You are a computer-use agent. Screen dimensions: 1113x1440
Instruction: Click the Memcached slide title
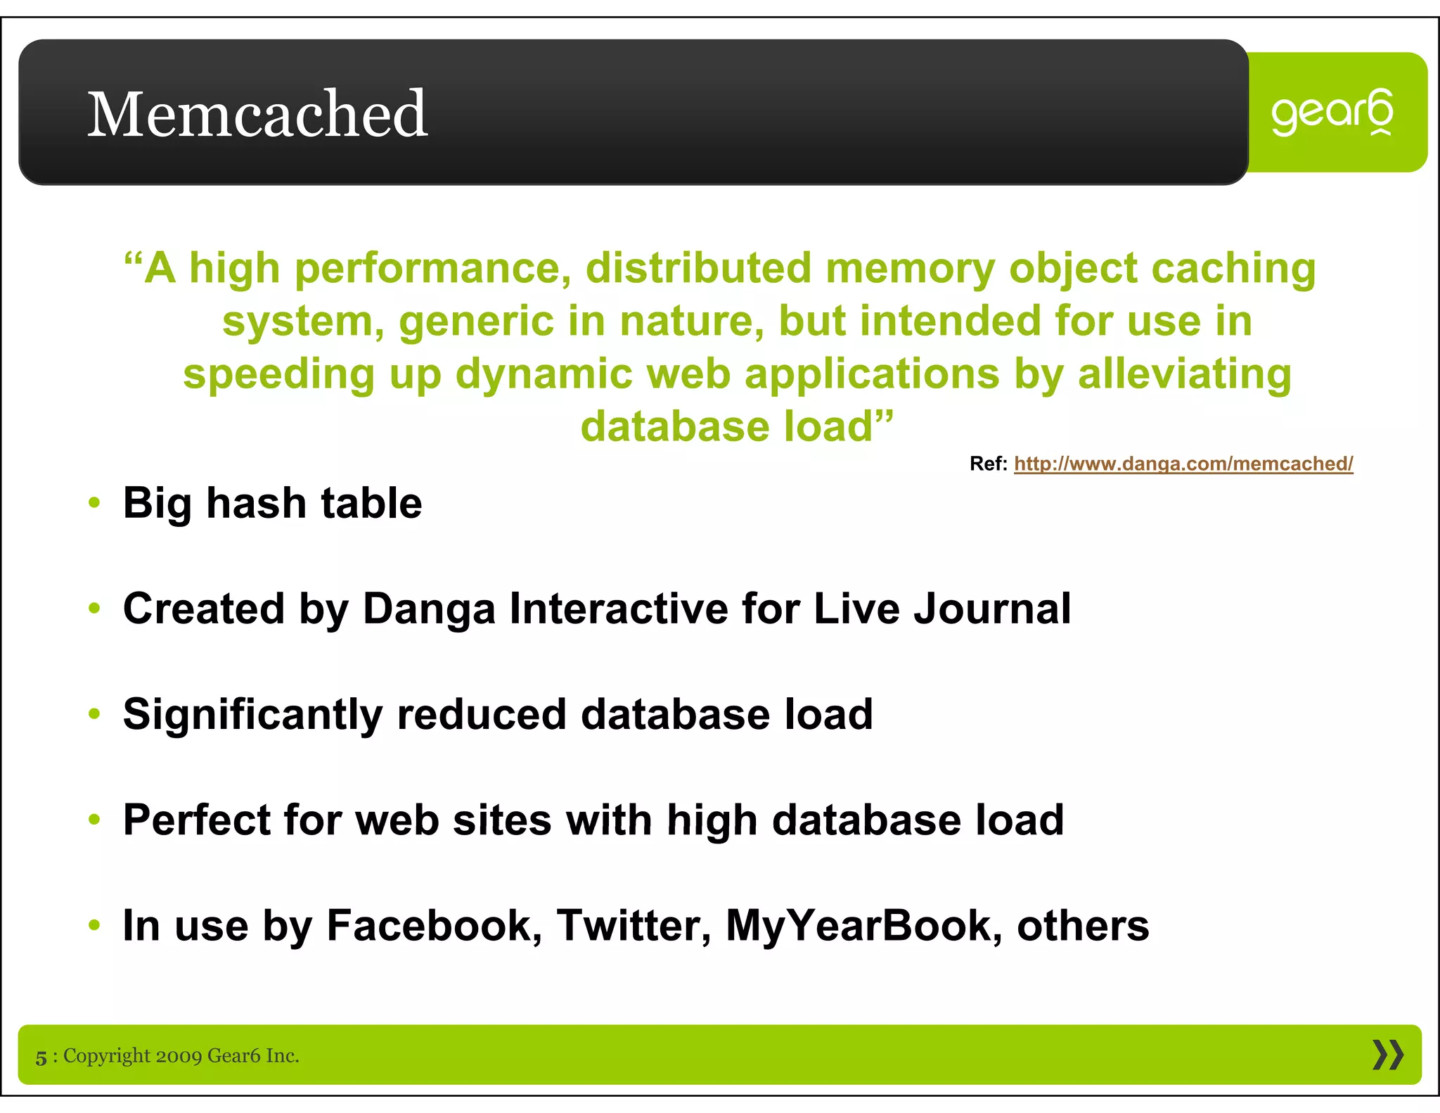(257, 114)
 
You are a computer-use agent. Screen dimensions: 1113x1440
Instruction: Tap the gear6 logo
(1332, 113)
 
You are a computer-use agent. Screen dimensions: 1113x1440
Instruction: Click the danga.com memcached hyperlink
(1183, 464)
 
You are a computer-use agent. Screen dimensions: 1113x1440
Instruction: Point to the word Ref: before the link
(988, 464)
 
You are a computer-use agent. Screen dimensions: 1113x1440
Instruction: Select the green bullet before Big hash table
(95, 504)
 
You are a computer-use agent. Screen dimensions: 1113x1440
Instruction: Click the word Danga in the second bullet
(429, 609)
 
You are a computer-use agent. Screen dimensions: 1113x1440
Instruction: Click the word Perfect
(196, 820)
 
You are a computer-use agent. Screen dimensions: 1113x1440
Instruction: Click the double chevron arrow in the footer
(1387, 1055)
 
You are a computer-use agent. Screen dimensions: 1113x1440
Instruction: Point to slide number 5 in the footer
(41, 1057)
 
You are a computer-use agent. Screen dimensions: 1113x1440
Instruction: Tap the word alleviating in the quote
(1184, 374)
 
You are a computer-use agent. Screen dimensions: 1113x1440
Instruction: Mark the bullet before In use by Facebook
(95, 926)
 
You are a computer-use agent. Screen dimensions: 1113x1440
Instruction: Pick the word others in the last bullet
(1083, 926)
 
